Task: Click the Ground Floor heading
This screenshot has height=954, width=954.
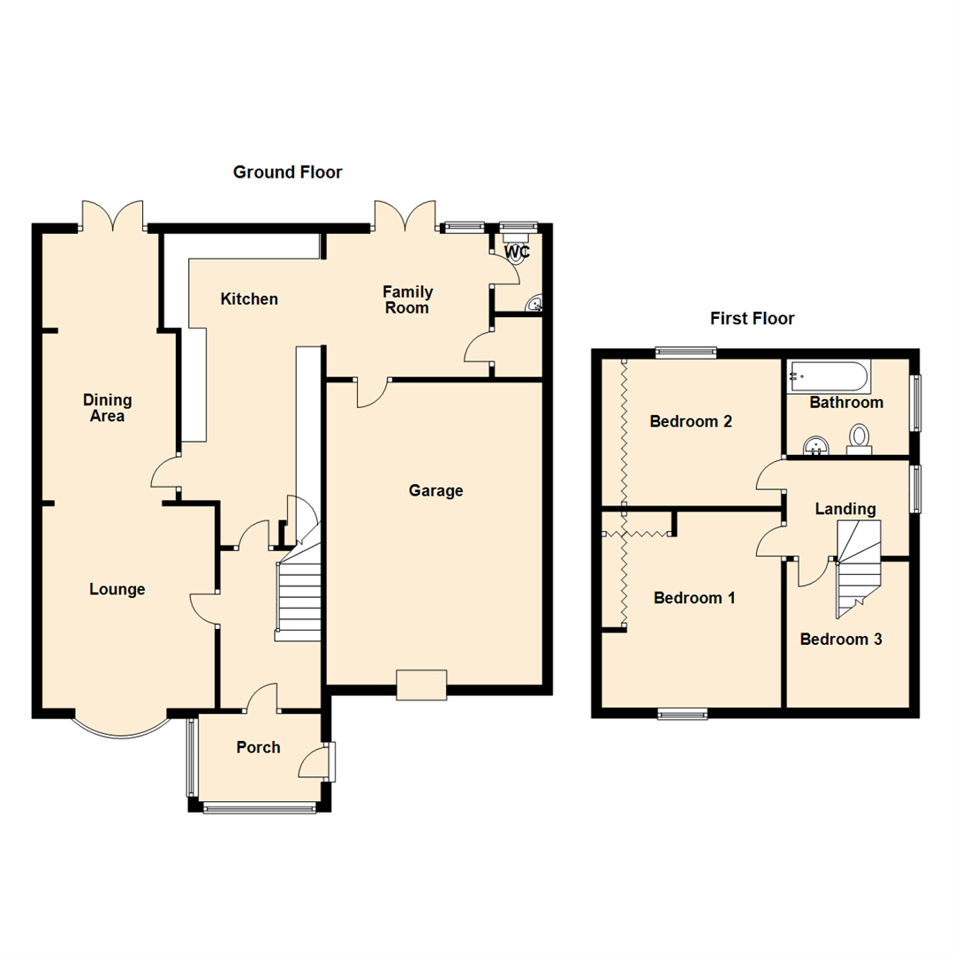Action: click(x=287, y=172)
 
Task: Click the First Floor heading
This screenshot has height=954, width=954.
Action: click(x=752, y=319)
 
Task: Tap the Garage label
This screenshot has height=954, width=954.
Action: click(x=435, y=491)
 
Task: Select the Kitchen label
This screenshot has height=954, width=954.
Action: click(x=249, y=299)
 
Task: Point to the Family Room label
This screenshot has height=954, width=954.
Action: click(x=407, y=299)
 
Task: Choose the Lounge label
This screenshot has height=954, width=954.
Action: click(x=117, y=589)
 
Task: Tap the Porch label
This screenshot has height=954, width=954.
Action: click(x=258, y=748)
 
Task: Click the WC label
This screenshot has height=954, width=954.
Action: click(x=516, y=253)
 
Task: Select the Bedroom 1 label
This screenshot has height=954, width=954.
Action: click(x=694, y=598)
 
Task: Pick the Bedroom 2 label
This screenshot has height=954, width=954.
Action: click(x=690, y=421)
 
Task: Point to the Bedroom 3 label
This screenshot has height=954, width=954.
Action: click(x=840, y=640)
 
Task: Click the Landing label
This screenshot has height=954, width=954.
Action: click(x=844, y=509)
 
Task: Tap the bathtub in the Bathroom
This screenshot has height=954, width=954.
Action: click(x=829, y=376)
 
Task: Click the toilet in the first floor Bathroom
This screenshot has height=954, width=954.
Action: click(x=859, y=438)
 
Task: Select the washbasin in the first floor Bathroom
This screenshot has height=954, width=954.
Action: click(x=818, y=443)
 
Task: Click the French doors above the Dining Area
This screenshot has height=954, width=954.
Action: click(x=112, y=216)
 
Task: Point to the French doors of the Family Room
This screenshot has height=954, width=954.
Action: click(x=404, y=216)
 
